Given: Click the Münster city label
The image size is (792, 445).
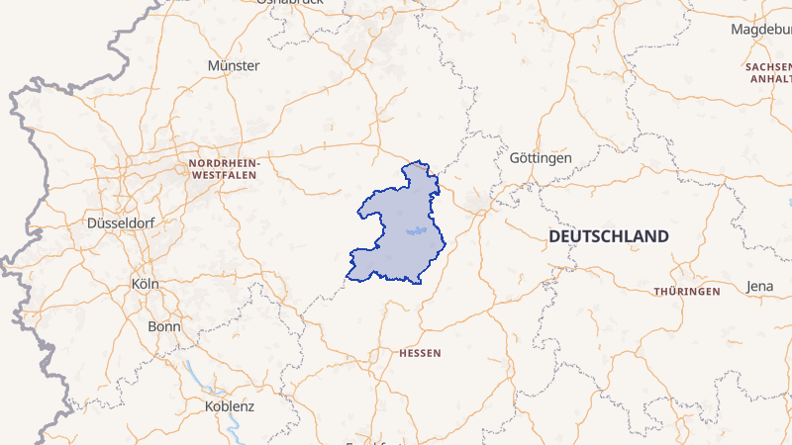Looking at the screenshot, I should tap(234, 65).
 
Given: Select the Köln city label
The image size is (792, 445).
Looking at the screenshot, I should tap(145, 284).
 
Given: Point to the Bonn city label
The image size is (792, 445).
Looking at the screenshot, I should tap(163, 325).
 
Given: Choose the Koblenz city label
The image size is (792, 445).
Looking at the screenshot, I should tap(230, 406).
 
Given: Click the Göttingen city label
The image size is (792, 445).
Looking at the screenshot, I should tap(541, 158).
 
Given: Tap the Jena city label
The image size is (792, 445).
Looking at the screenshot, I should tap(760, 287).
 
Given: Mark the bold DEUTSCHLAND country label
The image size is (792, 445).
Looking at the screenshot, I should tap(609, 237).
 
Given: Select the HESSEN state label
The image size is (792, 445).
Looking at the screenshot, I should tap(420, 353).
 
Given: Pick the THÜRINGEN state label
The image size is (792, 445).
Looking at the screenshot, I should tap(686, 292).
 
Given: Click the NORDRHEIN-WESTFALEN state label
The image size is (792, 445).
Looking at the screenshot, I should tap(223, 168).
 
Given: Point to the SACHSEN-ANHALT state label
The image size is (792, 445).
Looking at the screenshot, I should tap(769, 71).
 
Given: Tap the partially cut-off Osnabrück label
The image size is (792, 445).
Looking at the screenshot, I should tap(290, 3).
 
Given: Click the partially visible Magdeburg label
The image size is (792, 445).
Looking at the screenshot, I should tap(761, 29).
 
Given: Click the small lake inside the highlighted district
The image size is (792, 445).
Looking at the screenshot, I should tap(418, 232).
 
